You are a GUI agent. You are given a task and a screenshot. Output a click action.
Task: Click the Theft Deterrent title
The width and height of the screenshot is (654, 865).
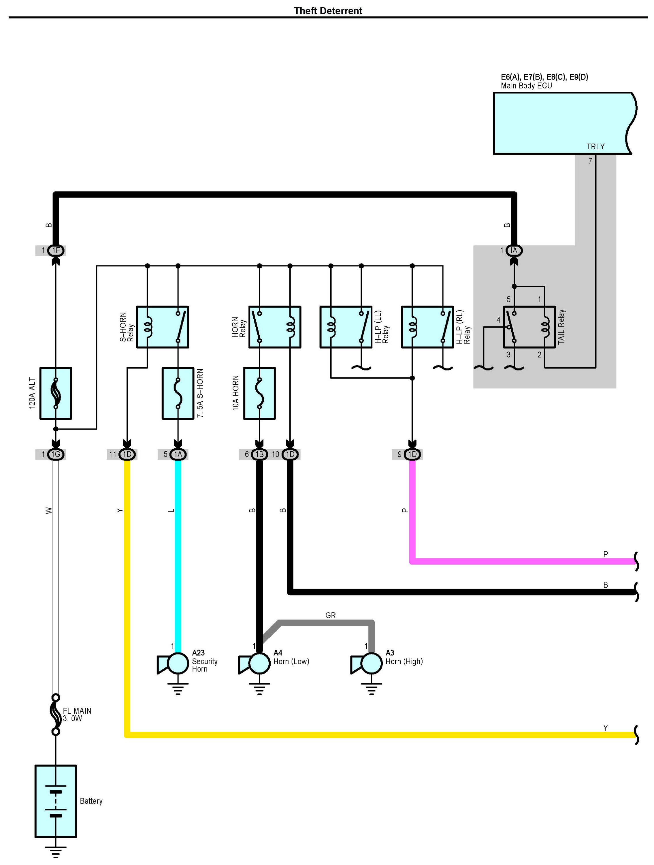point(328,11)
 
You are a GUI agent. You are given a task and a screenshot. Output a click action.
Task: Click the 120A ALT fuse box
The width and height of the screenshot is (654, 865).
point(56,393)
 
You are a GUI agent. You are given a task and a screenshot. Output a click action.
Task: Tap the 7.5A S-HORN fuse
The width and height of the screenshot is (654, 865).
point(178,393)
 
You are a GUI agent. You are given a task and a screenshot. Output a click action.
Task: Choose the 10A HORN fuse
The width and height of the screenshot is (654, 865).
point(259,393)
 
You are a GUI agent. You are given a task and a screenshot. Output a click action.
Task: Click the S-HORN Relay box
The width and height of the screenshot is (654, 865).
point(163,327)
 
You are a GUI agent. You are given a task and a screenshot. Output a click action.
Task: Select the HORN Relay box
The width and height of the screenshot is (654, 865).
point(275,327)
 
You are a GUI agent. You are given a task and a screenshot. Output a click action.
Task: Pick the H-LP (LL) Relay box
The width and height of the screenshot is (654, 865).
point(346,327)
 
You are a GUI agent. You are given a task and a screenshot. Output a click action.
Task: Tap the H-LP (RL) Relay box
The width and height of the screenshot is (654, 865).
point(428,327)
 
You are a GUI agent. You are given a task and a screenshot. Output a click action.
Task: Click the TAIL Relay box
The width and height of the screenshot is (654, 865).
point(529,327)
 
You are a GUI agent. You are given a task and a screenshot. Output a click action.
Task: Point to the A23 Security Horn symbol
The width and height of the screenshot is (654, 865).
point(173,664)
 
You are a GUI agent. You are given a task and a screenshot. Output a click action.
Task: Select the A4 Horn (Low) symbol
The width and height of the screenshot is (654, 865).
point(254,664)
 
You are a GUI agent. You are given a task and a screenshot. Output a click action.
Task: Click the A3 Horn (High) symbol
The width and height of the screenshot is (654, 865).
point(366,664)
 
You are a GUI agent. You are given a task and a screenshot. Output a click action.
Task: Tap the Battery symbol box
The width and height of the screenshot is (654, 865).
point(56,801)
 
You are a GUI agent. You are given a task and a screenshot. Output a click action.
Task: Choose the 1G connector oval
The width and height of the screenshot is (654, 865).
point(56,454)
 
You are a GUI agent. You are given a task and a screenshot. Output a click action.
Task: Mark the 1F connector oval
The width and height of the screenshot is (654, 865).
point(56,250)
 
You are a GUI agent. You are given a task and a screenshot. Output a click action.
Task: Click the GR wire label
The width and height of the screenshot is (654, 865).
point(330,615)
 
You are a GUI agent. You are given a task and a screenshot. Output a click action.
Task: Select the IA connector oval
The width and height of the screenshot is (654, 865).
point(514,250)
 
